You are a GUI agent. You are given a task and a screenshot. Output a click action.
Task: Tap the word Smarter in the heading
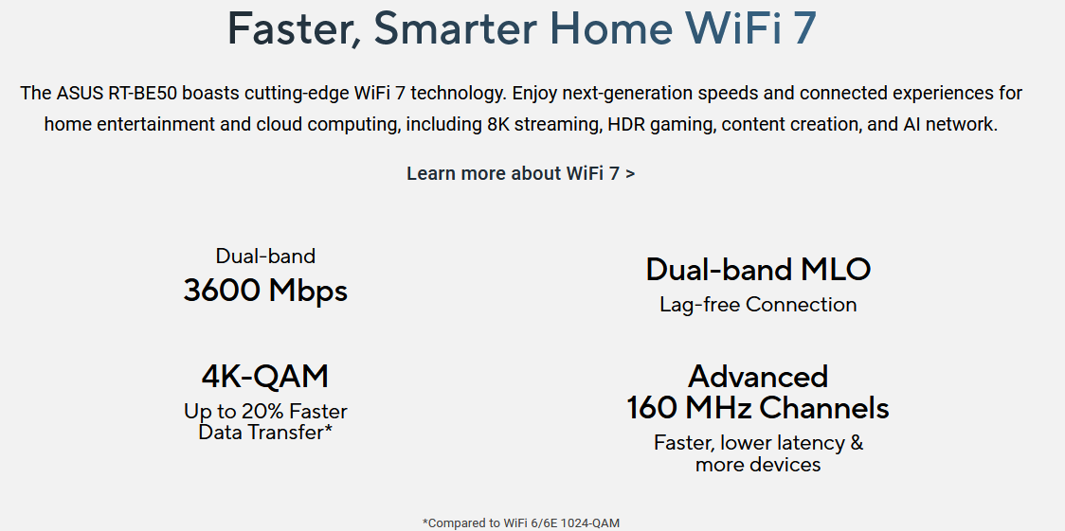(456, 28)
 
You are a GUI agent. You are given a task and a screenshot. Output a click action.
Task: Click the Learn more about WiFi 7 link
(521, 173)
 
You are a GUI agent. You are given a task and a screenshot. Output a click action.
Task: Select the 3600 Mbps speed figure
(265, 291)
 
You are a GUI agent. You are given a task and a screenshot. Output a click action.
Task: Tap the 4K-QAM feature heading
(265, 377)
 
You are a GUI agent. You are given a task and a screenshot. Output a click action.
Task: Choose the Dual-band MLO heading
(758, 269)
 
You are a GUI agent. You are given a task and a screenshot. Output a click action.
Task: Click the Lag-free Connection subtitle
(758, 305)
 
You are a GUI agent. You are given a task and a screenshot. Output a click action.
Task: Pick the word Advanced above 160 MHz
(758, 377)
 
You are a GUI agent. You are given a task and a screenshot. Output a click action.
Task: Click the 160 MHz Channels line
(758, 408)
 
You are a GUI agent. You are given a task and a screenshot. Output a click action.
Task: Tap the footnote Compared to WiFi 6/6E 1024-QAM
(521, 522)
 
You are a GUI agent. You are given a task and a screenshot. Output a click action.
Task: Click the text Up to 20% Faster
(265, 412)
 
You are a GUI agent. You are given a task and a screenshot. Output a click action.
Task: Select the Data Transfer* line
(265, 432)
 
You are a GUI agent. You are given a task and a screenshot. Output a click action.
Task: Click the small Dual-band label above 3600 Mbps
(265, 256)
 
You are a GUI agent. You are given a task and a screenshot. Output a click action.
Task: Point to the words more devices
(758, 465)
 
